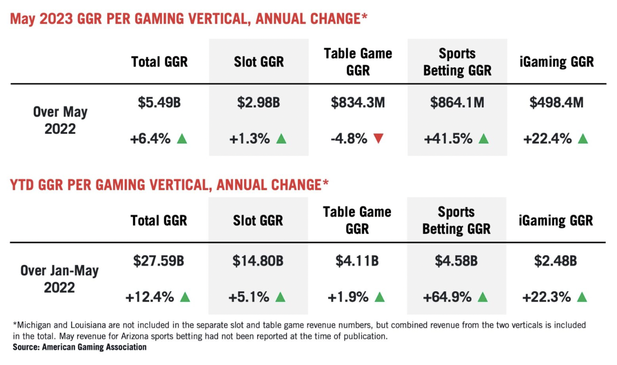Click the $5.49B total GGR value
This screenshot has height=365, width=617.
[x=159, y=103]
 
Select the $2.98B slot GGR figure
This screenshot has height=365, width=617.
[x=259, y=103]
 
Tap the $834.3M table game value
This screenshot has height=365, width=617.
[x=358, y=103]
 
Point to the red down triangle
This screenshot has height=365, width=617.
[x=378, y=139]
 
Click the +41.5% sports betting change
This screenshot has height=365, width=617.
[x=448, y=139]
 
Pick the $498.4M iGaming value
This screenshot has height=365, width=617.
[x=556, y=103]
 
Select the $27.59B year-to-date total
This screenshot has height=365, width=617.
[x=159, y=261]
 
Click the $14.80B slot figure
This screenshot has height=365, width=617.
[x=258, y=261]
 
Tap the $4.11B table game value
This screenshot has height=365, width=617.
[x=357, y=261]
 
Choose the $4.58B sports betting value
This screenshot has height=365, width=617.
[x=456, y=261]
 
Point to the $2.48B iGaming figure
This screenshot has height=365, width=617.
[x=555, y=261]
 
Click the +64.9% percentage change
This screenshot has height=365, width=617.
[x=447, y=298]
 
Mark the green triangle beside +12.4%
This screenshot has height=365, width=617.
[x=185, y=298]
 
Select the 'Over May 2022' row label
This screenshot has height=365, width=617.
[x=60, y=120]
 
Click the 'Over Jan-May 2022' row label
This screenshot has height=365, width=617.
[x=60, y=279]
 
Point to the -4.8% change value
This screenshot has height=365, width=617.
[x=349, y=139]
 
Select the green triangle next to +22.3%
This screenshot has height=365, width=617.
[x=582, y=298]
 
